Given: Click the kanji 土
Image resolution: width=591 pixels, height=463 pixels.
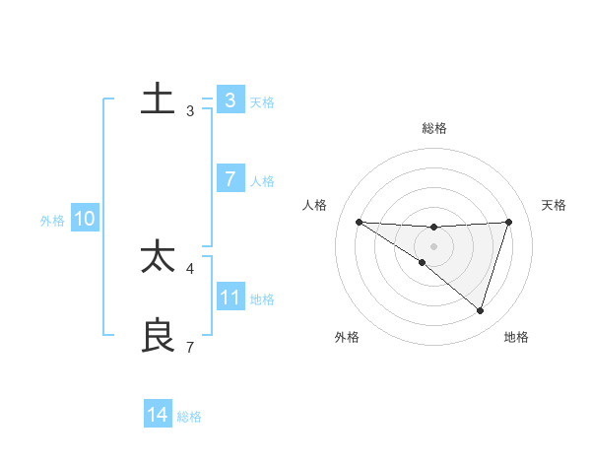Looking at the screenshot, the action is tap(158, 99).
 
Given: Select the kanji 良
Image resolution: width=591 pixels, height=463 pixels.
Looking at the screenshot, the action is tap(158, 335).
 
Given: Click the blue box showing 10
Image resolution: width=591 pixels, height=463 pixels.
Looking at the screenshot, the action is tap(85, 220).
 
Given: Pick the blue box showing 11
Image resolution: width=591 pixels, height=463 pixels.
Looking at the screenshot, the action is tap(230, 298).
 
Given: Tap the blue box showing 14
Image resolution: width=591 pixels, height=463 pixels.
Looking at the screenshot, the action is tap(158, 415).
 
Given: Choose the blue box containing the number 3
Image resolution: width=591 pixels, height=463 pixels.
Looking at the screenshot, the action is tap(230, 100).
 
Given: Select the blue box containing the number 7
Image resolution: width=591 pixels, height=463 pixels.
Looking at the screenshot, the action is tap(230, 179).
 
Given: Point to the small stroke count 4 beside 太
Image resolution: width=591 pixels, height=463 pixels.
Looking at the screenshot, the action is tap(190, 268).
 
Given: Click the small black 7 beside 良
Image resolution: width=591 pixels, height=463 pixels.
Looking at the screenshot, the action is tap(190, 347).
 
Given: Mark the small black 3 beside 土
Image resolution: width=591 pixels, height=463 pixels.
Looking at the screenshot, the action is tap(190, 111).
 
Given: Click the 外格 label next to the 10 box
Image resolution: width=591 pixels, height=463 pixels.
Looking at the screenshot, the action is tap(52, 221).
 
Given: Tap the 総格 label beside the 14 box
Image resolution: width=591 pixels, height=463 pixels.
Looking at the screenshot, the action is tap(189, 417).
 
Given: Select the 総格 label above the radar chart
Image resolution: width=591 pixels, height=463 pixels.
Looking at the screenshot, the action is tap(433, 128).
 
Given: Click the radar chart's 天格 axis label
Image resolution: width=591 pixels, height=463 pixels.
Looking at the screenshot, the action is tap(555, 205).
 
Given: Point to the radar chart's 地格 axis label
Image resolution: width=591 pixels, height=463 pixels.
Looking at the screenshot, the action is tap(516, 337).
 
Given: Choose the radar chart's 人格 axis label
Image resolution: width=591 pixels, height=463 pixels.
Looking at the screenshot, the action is tap(314, 205).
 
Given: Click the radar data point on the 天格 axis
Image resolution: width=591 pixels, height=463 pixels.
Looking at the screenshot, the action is tap(509, 222).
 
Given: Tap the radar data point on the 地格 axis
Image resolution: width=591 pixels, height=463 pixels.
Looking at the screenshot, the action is tap(480, 310).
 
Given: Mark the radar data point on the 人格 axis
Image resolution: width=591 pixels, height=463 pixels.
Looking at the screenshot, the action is tap(359, 222).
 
